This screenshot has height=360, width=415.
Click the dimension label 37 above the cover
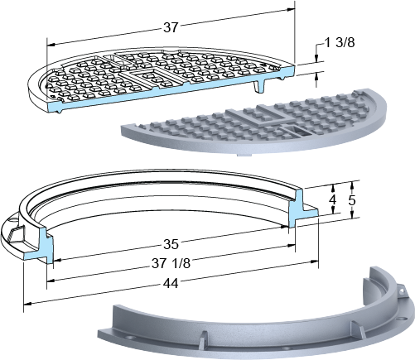click(x=171, y=27)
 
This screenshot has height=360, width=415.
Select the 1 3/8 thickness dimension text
click(x=340, y=43)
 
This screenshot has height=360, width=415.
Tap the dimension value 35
click(x=171, y=244)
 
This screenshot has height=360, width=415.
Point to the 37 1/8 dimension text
click(x=171, y=264)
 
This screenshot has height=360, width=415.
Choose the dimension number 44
click(x=171, y=283)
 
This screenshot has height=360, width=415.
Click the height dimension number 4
click(x=333, y=200)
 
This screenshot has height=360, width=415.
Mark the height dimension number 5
click(x=352, y=200)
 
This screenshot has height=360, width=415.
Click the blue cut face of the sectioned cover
click(x=171, y=89)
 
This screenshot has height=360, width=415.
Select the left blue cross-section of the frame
click(x=43, y=247)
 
